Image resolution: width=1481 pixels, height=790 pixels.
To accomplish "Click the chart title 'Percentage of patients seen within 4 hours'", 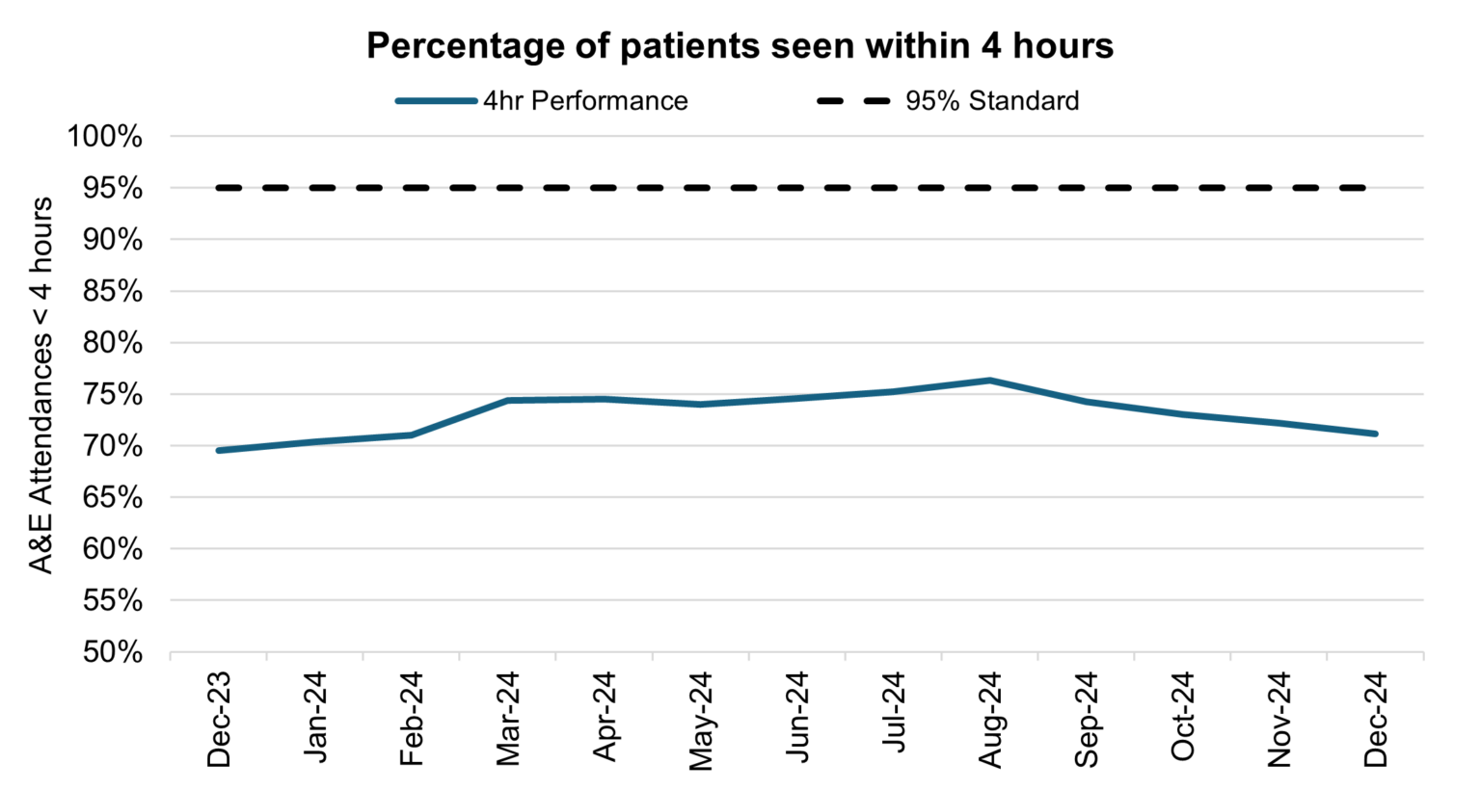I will pyautogui.click(x=740, y=45).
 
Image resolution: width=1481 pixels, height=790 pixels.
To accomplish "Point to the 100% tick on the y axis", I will pyautogui.click(x=104, y=137).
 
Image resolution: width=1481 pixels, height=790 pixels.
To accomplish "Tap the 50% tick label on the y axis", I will pyautogui.click(x=104, y=652).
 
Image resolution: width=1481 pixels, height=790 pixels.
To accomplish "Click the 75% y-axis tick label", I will pyautogui.click(x=104, y=395).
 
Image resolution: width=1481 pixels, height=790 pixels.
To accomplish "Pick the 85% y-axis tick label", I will pyautogui.click(x=104, y=292).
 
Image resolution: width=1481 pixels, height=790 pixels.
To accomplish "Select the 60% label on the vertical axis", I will pyautogui.click(x=104, y=549).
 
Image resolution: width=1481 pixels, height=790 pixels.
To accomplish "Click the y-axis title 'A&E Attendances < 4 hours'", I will pyautogui.click(x=40, y=385).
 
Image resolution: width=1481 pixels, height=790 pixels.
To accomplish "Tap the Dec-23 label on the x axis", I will pyautogui.click(x=219, y=719).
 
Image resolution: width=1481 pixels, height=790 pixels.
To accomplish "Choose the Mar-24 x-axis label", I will pyautogui.click(x=508, y=719).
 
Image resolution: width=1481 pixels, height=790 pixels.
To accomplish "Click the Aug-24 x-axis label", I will pyautogui.click(x=990, y=719).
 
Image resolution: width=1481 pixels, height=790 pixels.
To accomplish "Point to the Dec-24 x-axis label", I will pyautogui.click(x=1376, y=719).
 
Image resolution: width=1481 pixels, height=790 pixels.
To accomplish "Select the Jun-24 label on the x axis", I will pyautogui.click(x=797, y=719).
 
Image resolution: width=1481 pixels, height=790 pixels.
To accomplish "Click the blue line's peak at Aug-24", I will pyautogui.click(x=990, y=381).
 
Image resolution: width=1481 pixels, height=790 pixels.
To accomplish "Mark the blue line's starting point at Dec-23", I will pyautogui.click(x=219, y=450).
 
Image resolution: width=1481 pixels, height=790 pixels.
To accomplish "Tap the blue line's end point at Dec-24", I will pyautogui.click(x=1375, y=434).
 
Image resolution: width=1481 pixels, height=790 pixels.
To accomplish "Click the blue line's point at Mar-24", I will pyautogui.click(x=508, y=400).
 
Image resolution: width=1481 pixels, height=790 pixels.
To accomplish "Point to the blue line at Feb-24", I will pyautogui.click(x=412, y=434).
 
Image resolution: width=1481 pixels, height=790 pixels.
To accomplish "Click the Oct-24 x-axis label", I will pyautogui.click(x=1183, y=719).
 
